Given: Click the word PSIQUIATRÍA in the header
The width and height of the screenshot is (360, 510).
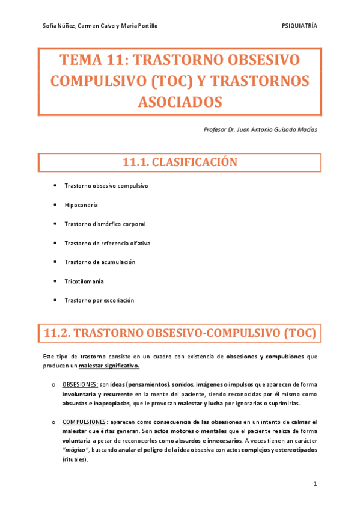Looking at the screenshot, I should click(299, 25).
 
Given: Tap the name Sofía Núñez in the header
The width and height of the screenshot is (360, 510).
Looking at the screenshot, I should click(59, 25).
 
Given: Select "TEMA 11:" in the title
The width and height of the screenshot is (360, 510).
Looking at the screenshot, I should click(91, 60).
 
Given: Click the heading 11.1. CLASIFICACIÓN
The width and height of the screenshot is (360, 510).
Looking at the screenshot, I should click(180, 162).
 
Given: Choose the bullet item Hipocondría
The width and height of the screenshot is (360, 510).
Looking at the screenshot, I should click(81, 205).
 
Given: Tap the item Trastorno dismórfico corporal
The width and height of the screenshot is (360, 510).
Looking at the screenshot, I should click(105, 224).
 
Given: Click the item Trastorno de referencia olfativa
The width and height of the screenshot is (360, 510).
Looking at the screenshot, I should click(107, 243).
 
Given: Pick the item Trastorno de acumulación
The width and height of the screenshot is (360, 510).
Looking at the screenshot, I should click(100, 262).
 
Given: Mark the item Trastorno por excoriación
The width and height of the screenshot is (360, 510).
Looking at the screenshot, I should click(99, 300).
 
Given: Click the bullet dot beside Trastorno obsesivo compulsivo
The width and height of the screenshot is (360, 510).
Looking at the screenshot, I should click(55, 186).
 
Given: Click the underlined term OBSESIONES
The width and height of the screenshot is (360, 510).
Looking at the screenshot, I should click(80, 384).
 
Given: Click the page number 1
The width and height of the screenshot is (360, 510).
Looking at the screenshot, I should click(315, 484).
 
